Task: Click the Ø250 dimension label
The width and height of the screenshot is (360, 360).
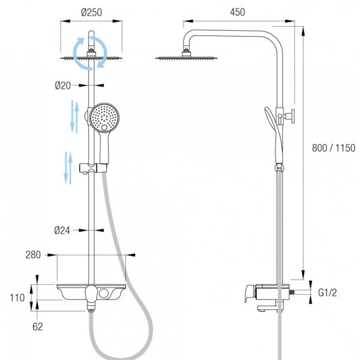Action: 91,13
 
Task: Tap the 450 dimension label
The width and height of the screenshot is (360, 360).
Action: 238,12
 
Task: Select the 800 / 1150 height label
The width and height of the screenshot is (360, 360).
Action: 334,148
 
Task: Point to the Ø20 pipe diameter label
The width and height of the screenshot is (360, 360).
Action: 62,86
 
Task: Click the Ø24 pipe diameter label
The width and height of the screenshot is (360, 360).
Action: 62,230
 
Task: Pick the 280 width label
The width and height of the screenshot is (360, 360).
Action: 33,255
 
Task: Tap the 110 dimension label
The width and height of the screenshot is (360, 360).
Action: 17,298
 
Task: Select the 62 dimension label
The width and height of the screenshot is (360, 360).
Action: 38,327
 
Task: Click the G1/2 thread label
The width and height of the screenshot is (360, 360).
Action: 328,293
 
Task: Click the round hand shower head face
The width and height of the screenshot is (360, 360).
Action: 104,118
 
